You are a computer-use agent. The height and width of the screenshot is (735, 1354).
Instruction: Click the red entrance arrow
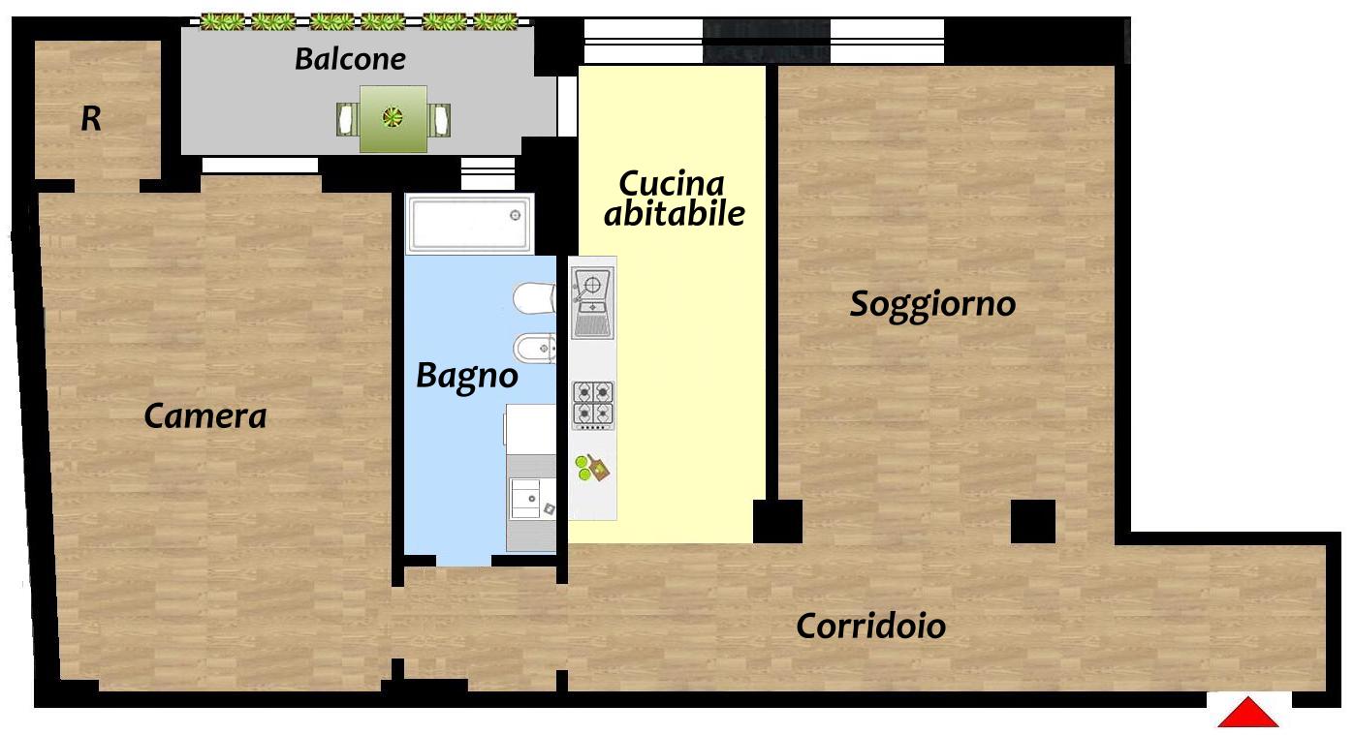[x=1247, y=714]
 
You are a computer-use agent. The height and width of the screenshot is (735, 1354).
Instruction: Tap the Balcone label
[x=350, y=59]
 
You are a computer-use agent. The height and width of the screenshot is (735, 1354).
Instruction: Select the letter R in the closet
[x=91, y=119]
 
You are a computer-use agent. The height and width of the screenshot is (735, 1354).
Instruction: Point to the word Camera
[x=205, y=416]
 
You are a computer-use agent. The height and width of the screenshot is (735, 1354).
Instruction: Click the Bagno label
[x=466, y=377]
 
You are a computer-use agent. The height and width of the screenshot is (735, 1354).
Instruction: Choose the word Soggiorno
[x=932, y=304]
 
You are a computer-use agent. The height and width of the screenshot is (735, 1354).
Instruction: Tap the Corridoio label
[x=871, y=626]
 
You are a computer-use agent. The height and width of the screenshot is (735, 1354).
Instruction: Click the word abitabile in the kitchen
[x=674, y=213]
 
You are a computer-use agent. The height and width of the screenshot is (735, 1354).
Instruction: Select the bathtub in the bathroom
[x=470, y=224]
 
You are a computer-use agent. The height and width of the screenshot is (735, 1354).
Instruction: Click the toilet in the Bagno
[x=534, y=298]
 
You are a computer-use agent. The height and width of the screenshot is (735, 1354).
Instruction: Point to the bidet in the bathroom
[x=534, y=348]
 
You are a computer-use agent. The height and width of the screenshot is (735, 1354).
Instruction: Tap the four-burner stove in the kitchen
[x=593, y=405]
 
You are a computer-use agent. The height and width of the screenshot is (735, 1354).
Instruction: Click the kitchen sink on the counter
[x=593, y=304]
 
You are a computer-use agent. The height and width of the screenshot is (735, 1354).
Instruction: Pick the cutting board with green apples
[x=592, y=468]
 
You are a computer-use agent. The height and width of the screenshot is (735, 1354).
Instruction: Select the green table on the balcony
[x=394, y=119]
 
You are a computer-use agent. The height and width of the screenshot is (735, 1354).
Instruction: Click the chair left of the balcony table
[x=347, y=119]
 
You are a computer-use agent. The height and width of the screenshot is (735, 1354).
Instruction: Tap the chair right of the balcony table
[x=439, y=119]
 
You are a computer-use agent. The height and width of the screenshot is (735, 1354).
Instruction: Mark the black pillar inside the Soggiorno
[x=1033, y=521]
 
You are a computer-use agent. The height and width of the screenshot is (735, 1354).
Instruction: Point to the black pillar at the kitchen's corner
[x=778, y=521]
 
